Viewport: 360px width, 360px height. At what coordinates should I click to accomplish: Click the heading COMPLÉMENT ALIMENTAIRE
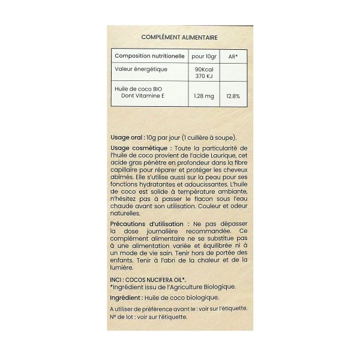click(179, 37)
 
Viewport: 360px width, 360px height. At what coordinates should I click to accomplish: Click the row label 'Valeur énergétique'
click(141, 70)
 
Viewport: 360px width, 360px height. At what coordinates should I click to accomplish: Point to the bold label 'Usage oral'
click(126, 137)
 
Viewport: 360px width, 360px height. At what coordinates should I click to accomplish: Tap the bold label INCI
click(117, 280)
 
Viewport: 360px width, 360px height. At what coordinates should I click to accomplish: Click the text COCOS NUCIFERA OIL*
click(156, 280)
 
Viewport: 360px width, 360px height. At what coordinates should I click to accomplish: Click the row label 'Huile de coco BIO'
click(139, 89)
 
